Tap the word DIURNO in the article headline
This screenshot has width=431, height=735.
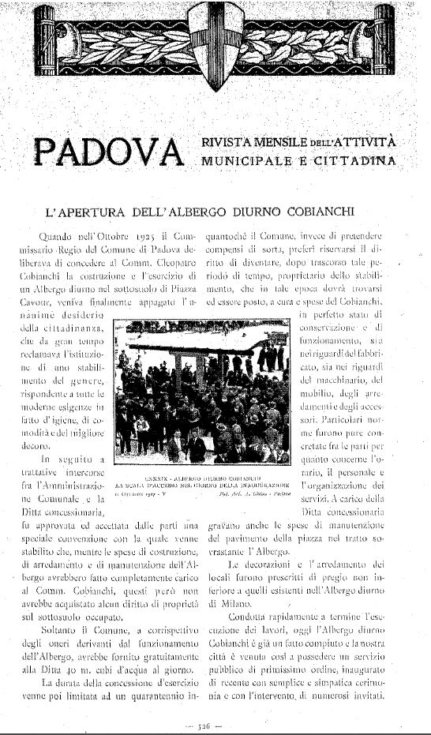click(x=268, y=212)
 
